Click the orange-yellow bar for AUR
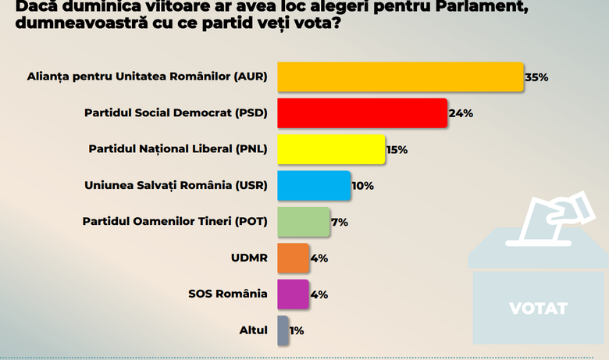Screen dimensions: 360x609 point(400,77)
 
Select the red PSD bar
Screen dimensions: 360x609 point(361,112)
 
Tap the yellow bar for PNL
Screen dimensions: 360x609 point(331,149)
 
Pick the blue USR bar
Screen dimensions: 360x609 point(314,186)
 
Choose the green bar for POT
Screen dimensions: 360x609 point(304,222)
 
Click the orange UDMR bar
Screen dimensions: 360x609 point(293,258)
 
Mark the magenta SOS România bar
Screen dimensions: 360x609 point(293,294)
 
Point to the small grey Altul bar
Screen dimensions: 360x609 point(283,330)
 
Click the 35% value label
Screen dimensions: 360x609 point(537,77)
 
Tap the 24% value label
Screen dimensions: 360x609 point(461,113)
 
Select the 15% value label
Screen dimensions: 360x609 point(397,150)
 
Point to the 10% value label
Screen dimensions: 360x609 point(362,186)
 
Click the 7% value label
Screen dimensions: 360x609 point(340,222)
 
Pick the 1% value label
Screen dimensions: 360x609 point(297,330)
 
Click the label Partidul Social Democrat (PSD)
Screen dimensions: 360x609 point(176,113)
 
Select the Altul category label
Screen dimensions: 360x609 point(253,330)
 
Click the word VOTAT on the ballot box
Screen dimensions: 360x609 point(538,308)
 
